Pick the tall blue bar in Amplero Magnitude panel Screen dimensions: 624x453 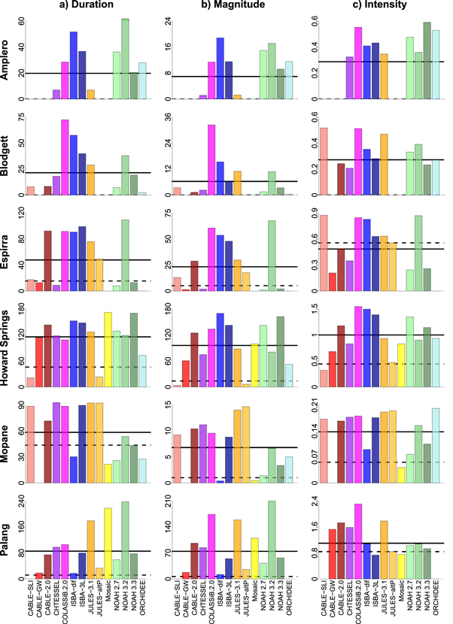pos(220,68)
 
